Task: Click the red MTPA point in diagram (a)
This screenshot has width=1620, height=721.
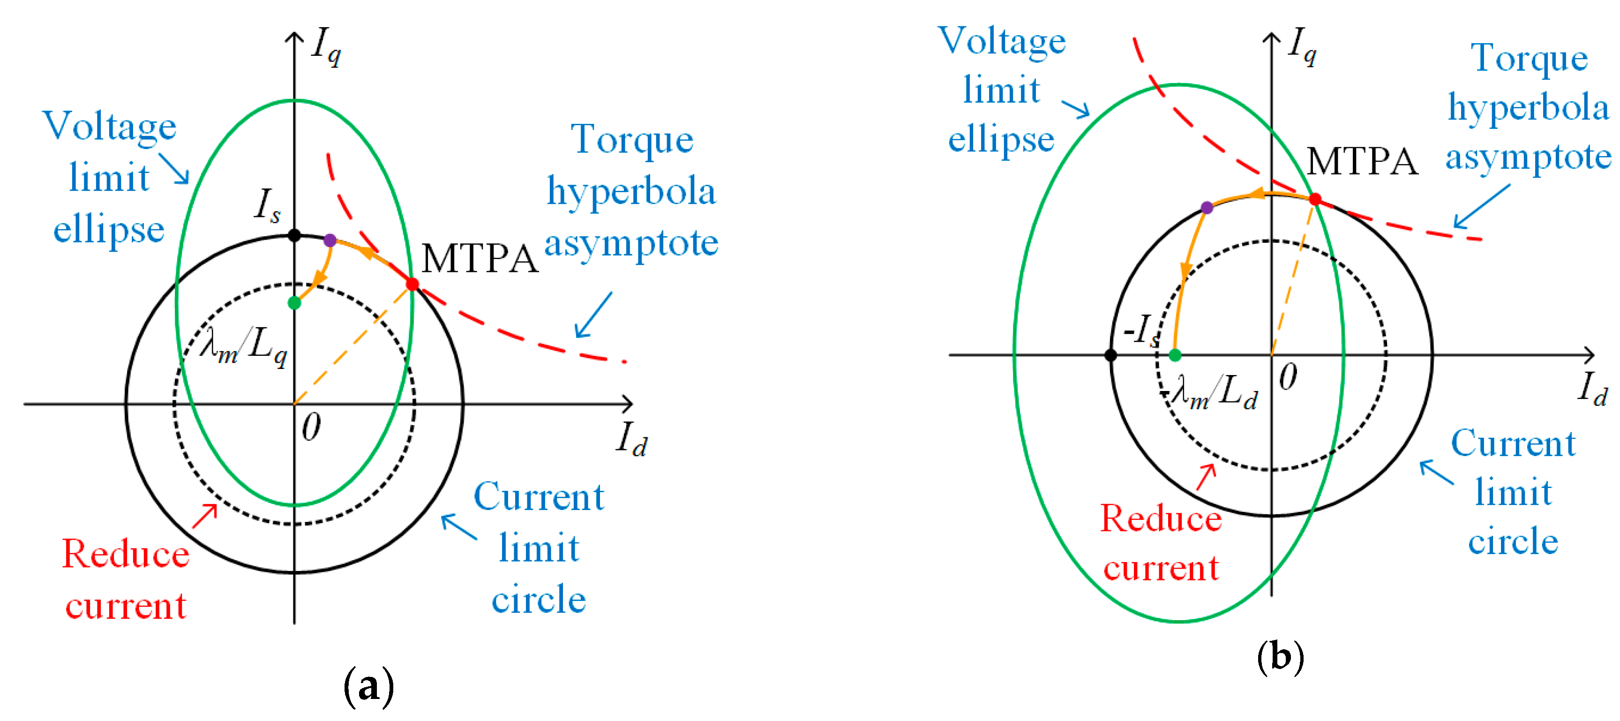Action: tap(412, 285)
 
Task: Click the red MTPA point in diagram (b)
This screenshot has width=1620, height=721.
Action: tap(1315, 199)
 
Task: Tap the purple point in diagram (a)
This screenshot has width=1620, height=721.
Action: tap(330, 240)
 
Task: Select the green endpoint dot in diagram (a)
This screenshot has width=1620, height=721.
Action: tap(294, 303)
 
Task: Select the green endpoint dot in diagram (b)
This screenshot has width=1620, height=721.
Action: tap(1175, 355)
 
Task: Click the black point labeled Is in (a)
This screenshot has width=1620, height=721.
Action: tap(294, 235)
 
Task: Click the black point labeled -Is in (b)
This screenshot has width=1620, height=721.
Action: tap(1110, 355)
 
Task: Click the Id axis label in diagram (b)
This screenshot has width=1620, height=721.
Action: tap(1592, 389)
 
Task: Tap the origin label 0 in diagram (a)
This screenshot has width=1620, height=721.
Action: tap(311, 428)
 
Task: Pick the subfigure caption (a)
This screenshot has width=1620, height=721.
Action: tap(369, 686)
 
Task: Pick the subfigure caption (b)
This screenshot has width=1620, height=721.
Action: tap(1281, 657)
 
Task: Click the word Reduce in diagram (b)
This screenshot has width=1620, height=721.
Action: tap(1161, 519)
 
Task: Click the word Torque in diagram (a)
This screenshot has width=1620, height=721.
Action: tap(632, 140)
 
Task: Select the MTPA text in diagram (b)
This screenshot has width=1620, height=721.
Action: tap(1362, 162)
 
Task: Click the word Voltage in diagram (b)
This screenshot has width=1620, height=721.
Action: tap(1002, 42)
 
